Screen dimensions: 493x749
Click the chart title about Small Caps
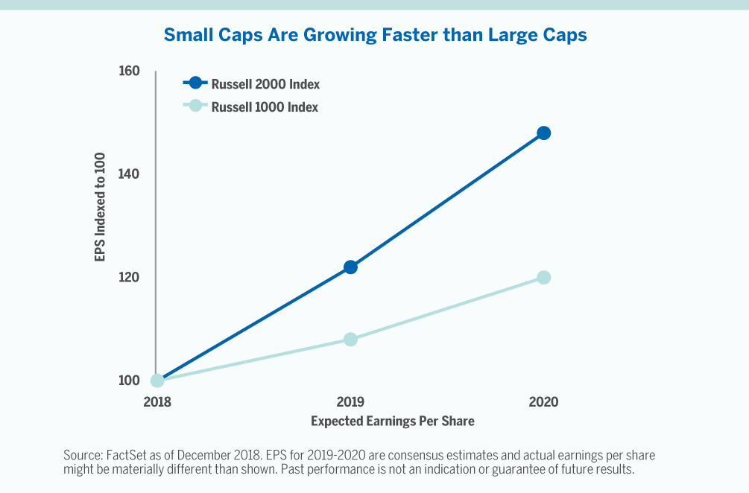point(374,34)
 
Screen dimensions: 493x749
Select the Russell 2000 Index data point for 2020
point(544,133)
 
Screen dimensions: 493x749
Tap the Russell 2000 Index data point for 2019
point(350,267)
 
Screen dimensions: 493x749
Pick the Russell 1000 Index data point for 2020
point(544,277)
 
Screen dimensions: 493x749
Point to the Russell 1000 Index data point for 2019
point(350,340)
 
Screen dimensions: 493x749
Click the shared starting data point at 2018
point(157,381)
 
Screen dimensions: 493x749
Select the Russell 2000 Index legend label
point(265,84)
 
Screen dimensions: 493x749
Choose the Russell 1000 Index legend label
point(265,107)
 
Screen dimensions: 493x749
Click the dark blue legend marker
point(195,83)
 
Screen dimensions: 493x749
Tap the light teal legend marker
point(195,106)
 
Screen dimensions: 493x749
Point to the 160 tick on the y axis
point(129,71)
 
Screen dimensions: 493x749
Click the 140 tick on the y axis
point(129,174)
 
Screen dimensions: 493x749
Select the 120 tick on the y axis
point(129,277)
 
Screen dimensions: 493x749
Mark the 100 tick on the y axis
point(129,381)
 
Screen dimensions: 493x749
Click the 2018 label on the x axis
point(157,402)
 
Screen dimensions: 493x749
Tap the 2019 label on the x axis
point(350,402)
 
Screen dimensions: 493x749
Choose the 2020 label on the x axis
point(543,402)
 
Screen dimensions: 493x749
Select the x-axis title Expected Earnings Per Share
point(392,422)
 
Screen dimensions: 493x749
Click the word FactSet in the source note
point(121,454)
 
